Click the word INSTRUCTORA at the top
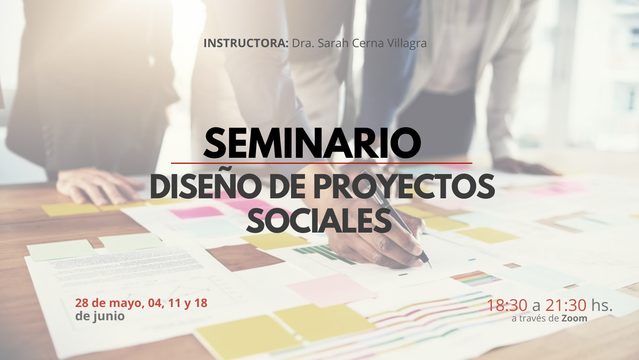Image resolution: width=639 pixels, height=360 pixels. tap(246, 43)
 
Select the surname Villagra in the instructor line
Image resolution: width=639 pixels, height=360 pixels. tap(407, 44)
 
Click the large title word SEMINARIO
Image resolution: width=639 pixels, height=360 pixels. tap(312, 143)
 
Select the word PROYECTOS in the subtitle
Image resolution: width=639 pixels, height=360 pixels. tap(404, 187)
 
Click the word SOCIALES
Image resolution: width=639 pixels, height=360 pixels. tap(319, 221)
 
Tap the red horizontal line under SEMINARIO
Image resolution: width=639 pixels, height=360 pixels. tap(321, 163)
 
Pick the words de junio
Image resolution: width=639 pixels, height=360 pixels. tap(100, 316)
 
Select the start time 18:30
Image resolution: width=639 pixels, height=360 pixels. tap(507, 305)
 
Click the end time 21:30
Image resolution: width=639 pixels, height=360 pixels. tap(566, 305)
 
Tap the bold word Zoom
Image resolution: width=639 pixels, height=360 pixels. tap(575, 318)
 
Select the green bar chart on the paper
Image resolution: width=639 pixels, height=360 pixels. tap(324, 254)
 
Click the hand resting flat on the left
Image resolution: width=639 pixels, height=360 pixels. tap(99, 185)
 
